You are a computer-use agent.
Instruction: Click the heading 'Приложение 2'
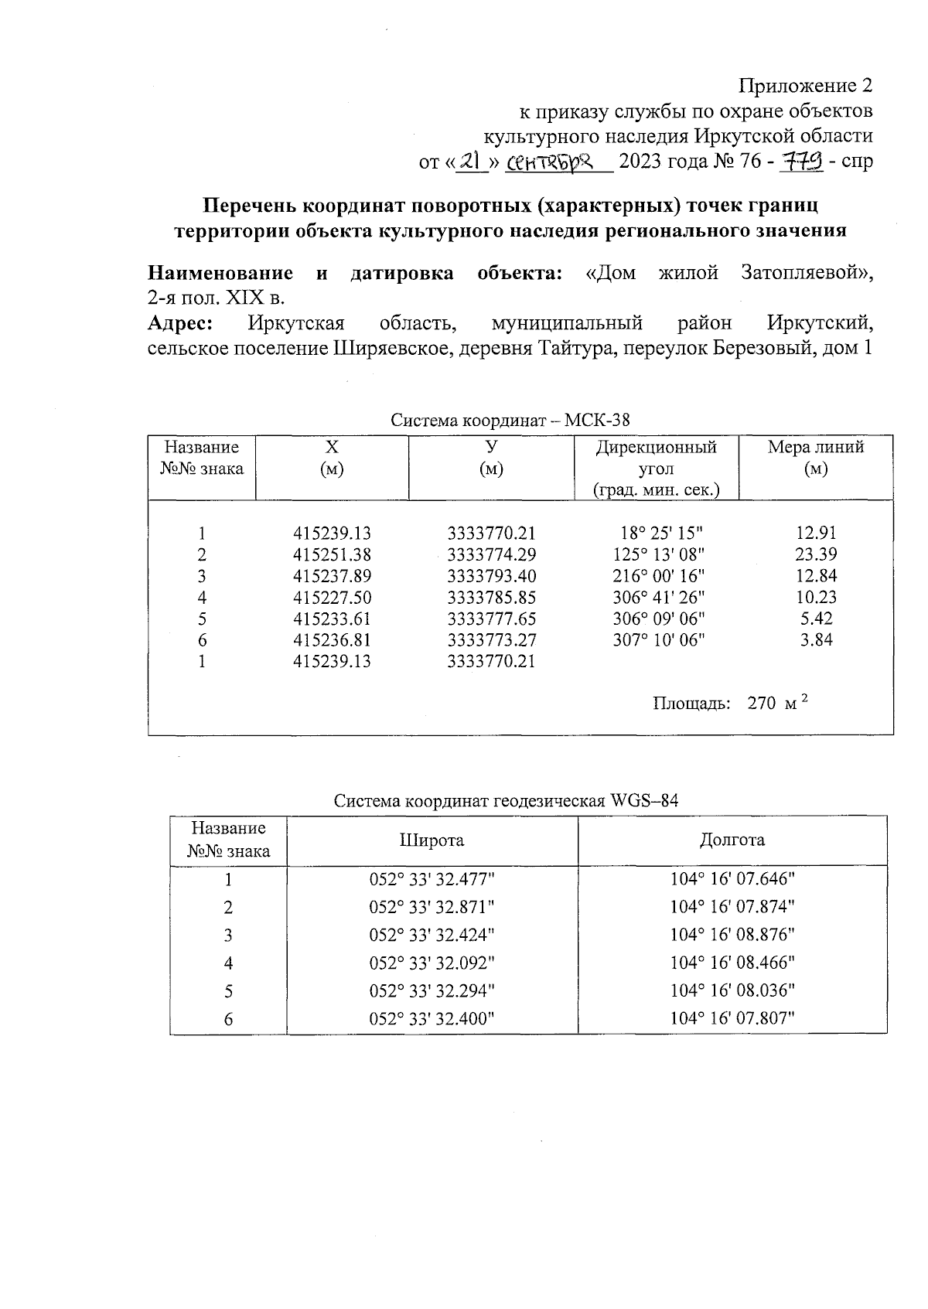point(805,85)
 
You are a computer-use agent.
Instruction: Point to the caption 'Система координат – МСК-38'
point(510,421)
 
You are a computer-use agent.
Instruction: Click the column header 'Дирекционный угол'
point(656,458)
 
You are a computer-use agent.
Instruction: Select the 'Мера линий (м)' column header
point(815,458)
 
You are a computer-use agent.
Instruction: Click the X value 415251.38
point(333,554)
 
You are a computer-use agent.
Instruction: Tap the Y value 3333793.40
point(491,576)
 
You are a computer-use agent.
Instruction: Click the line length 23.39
point(816,554)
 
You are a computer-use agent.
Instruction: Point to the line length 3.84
point(816,640)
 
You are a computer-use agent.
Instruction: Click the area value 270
point(762,704)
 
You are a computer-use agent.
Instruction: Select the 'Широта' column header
point(432,840)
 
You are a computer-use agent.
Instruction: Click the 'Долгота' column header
point(732,840)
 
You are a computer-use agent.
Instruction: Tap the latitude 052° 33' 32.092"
point(432,963)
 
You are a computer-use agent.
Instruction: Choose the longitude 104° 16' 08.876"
point(732,935)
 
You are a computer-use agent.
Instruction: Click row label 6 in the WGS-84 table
point(228,1019)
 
